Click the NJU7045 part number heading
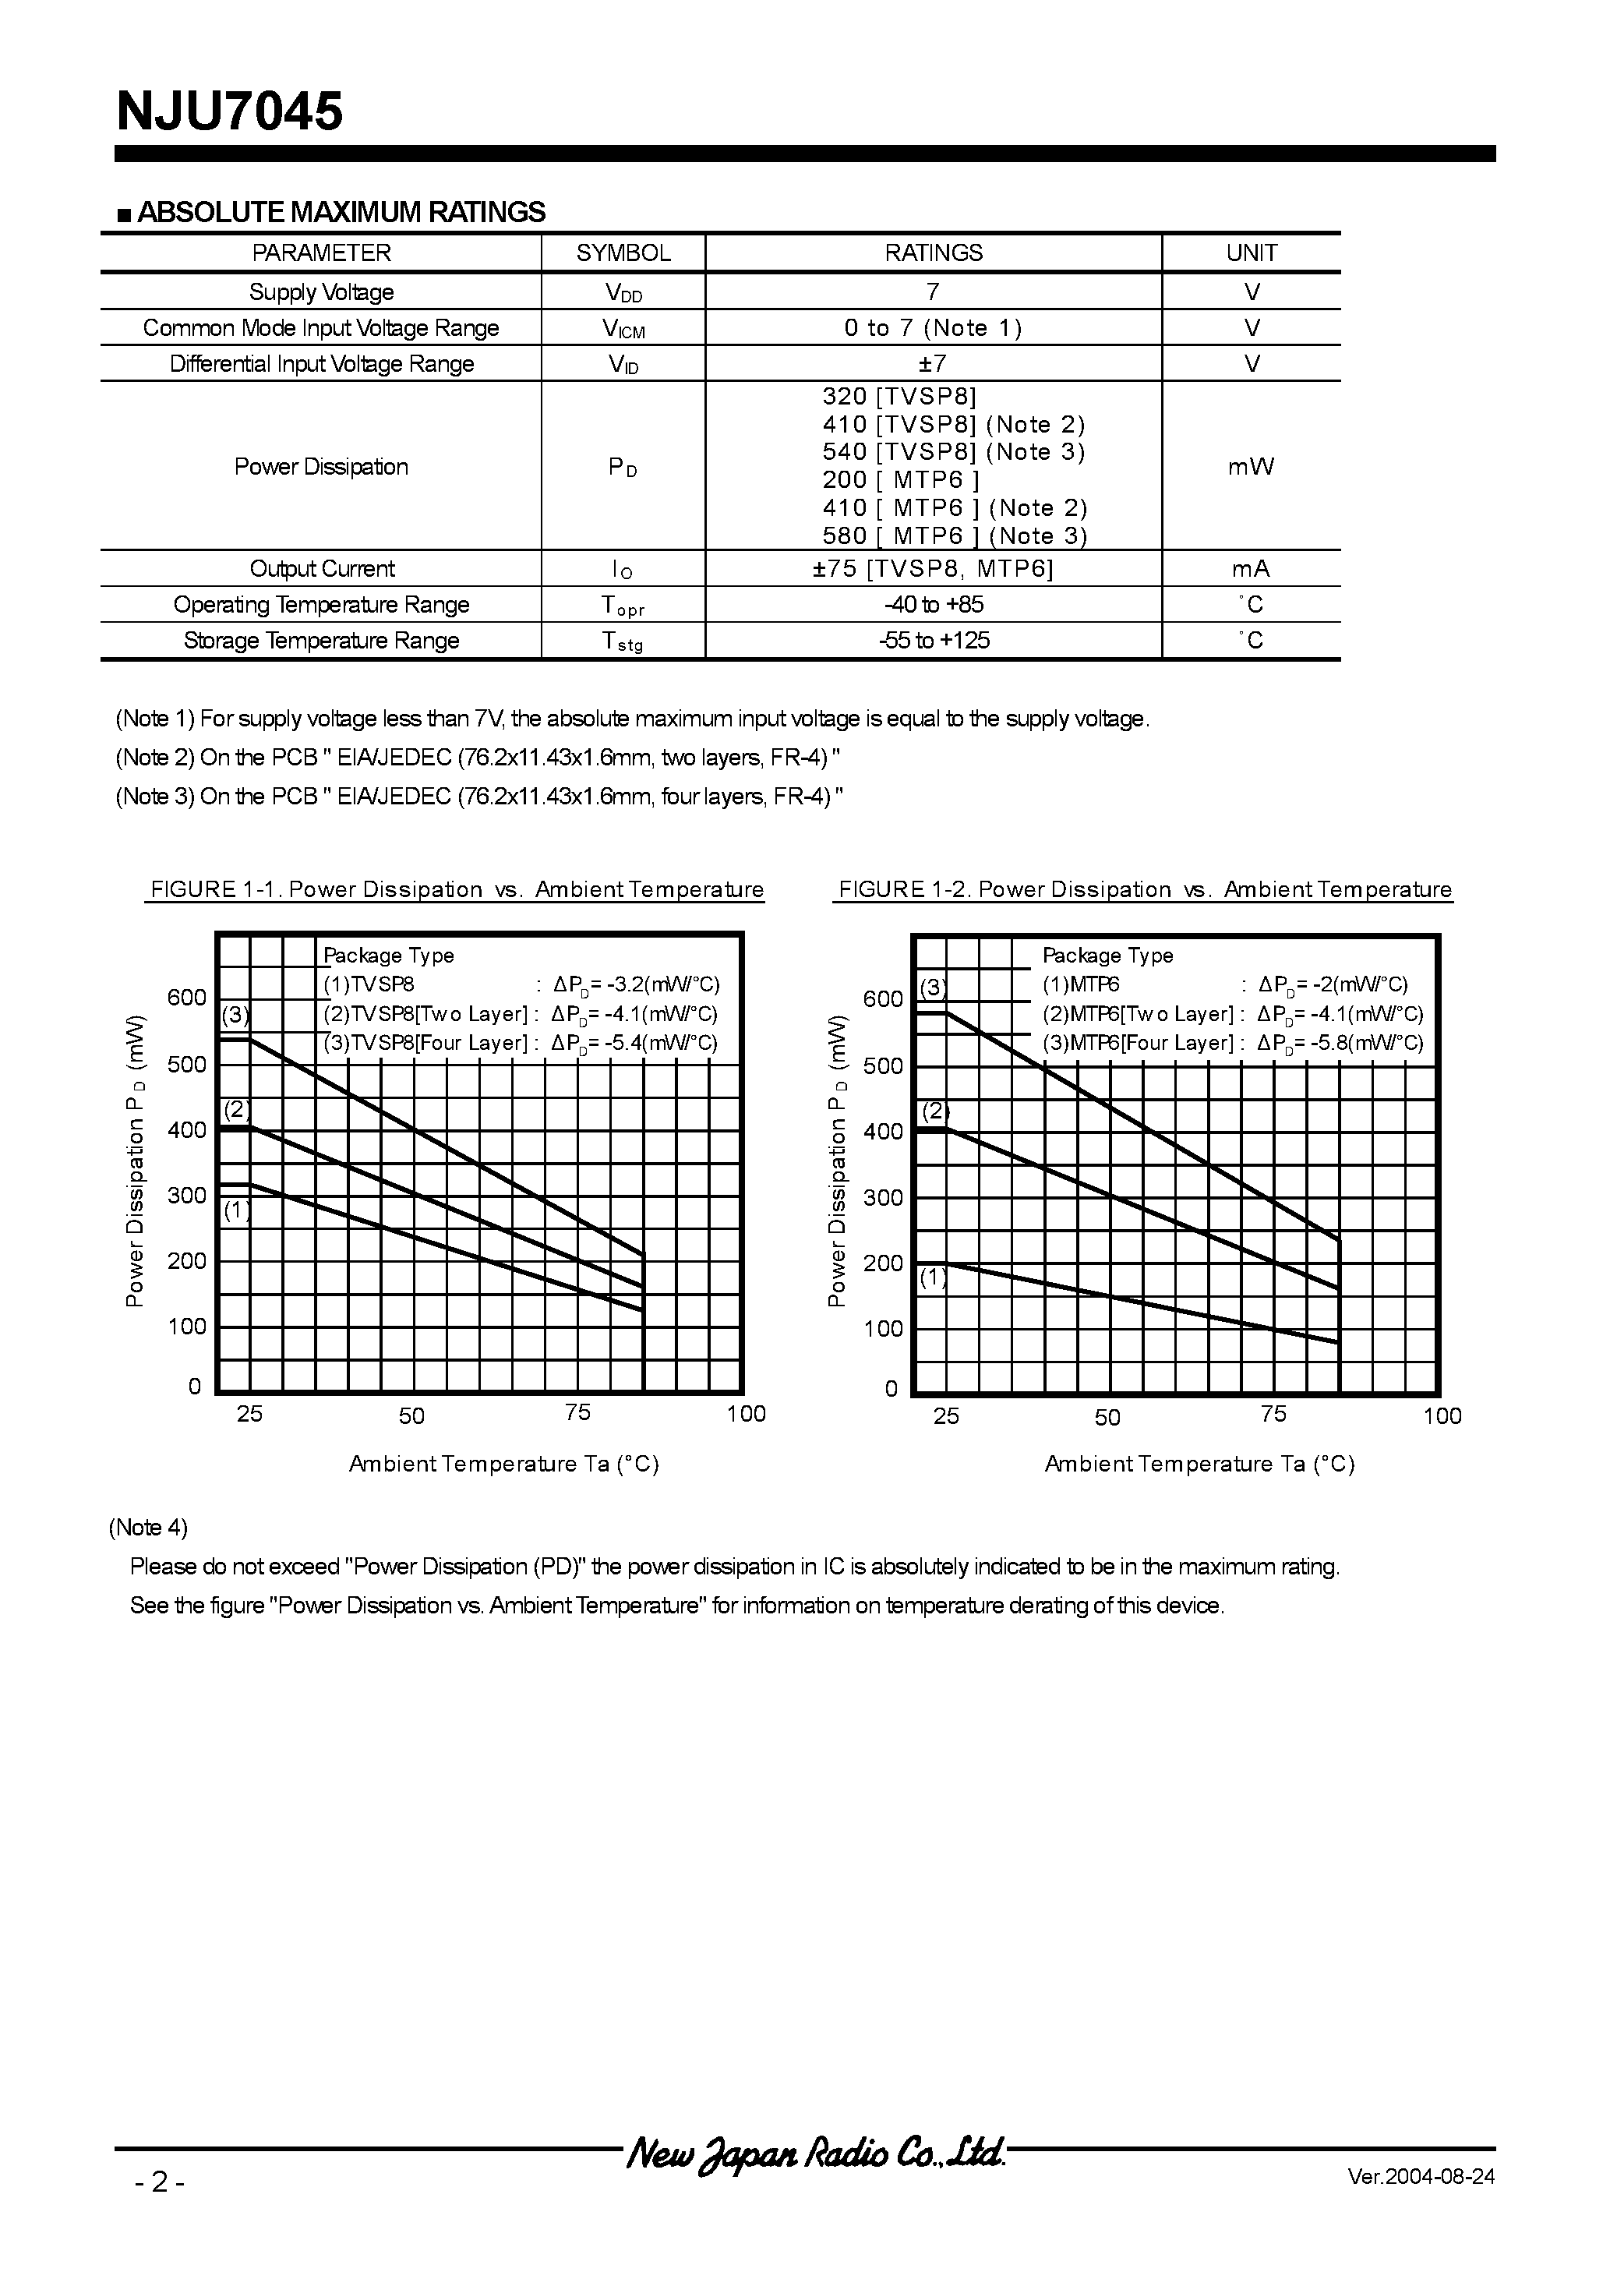click(x=229, y=111)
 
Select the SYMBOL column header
click(x=623, y=253)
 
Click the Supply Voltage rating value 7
click(x=932, y=291)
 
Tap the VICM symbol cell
click(x=623, y=329)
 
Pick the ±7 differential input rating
click(x=932, y=364)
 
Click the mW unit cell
click(x=1251, y=467)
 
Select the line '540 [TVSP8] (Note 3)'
click(x=953, y=453)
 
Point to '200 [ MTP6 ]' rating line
click(x=900, y=480)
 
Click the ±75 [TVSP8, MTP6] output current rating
click(x=933, y=569)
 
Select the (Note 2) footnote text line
click(x=478, y=758)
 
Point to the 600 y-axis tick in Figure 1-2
click(x=882, y=999)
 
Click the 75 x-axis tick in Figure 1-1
click(x=577, y=1412)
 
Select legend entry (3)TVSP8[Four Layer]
click(x=425, y=1043)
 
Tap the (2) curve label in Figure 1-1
click(x=235, y=1110)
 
